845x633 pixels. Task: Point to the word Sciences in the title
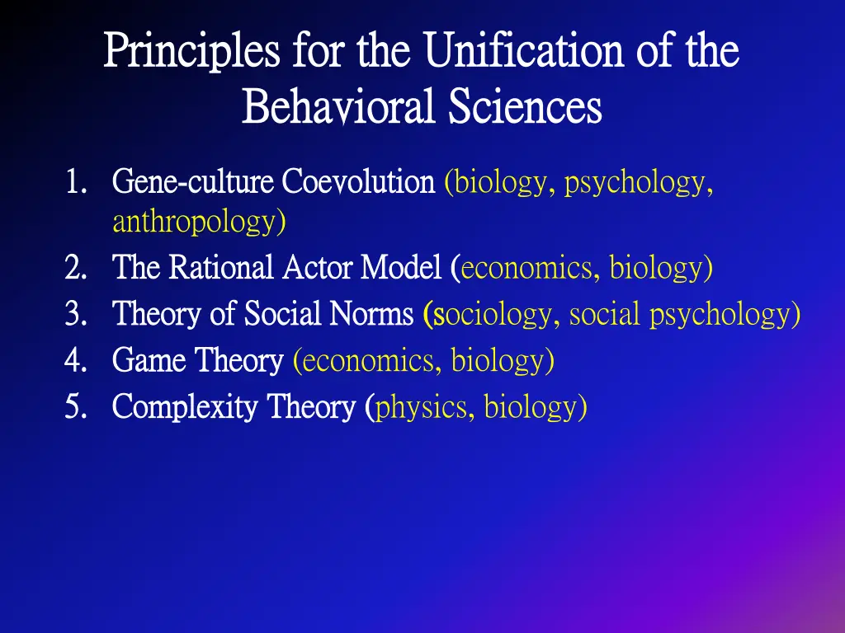(526, 108)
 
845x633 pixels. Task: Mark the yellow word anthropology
(198, 222)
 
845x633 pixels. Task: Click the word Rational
(222, 269)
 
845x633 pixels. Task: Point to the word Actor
(308, 269)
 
